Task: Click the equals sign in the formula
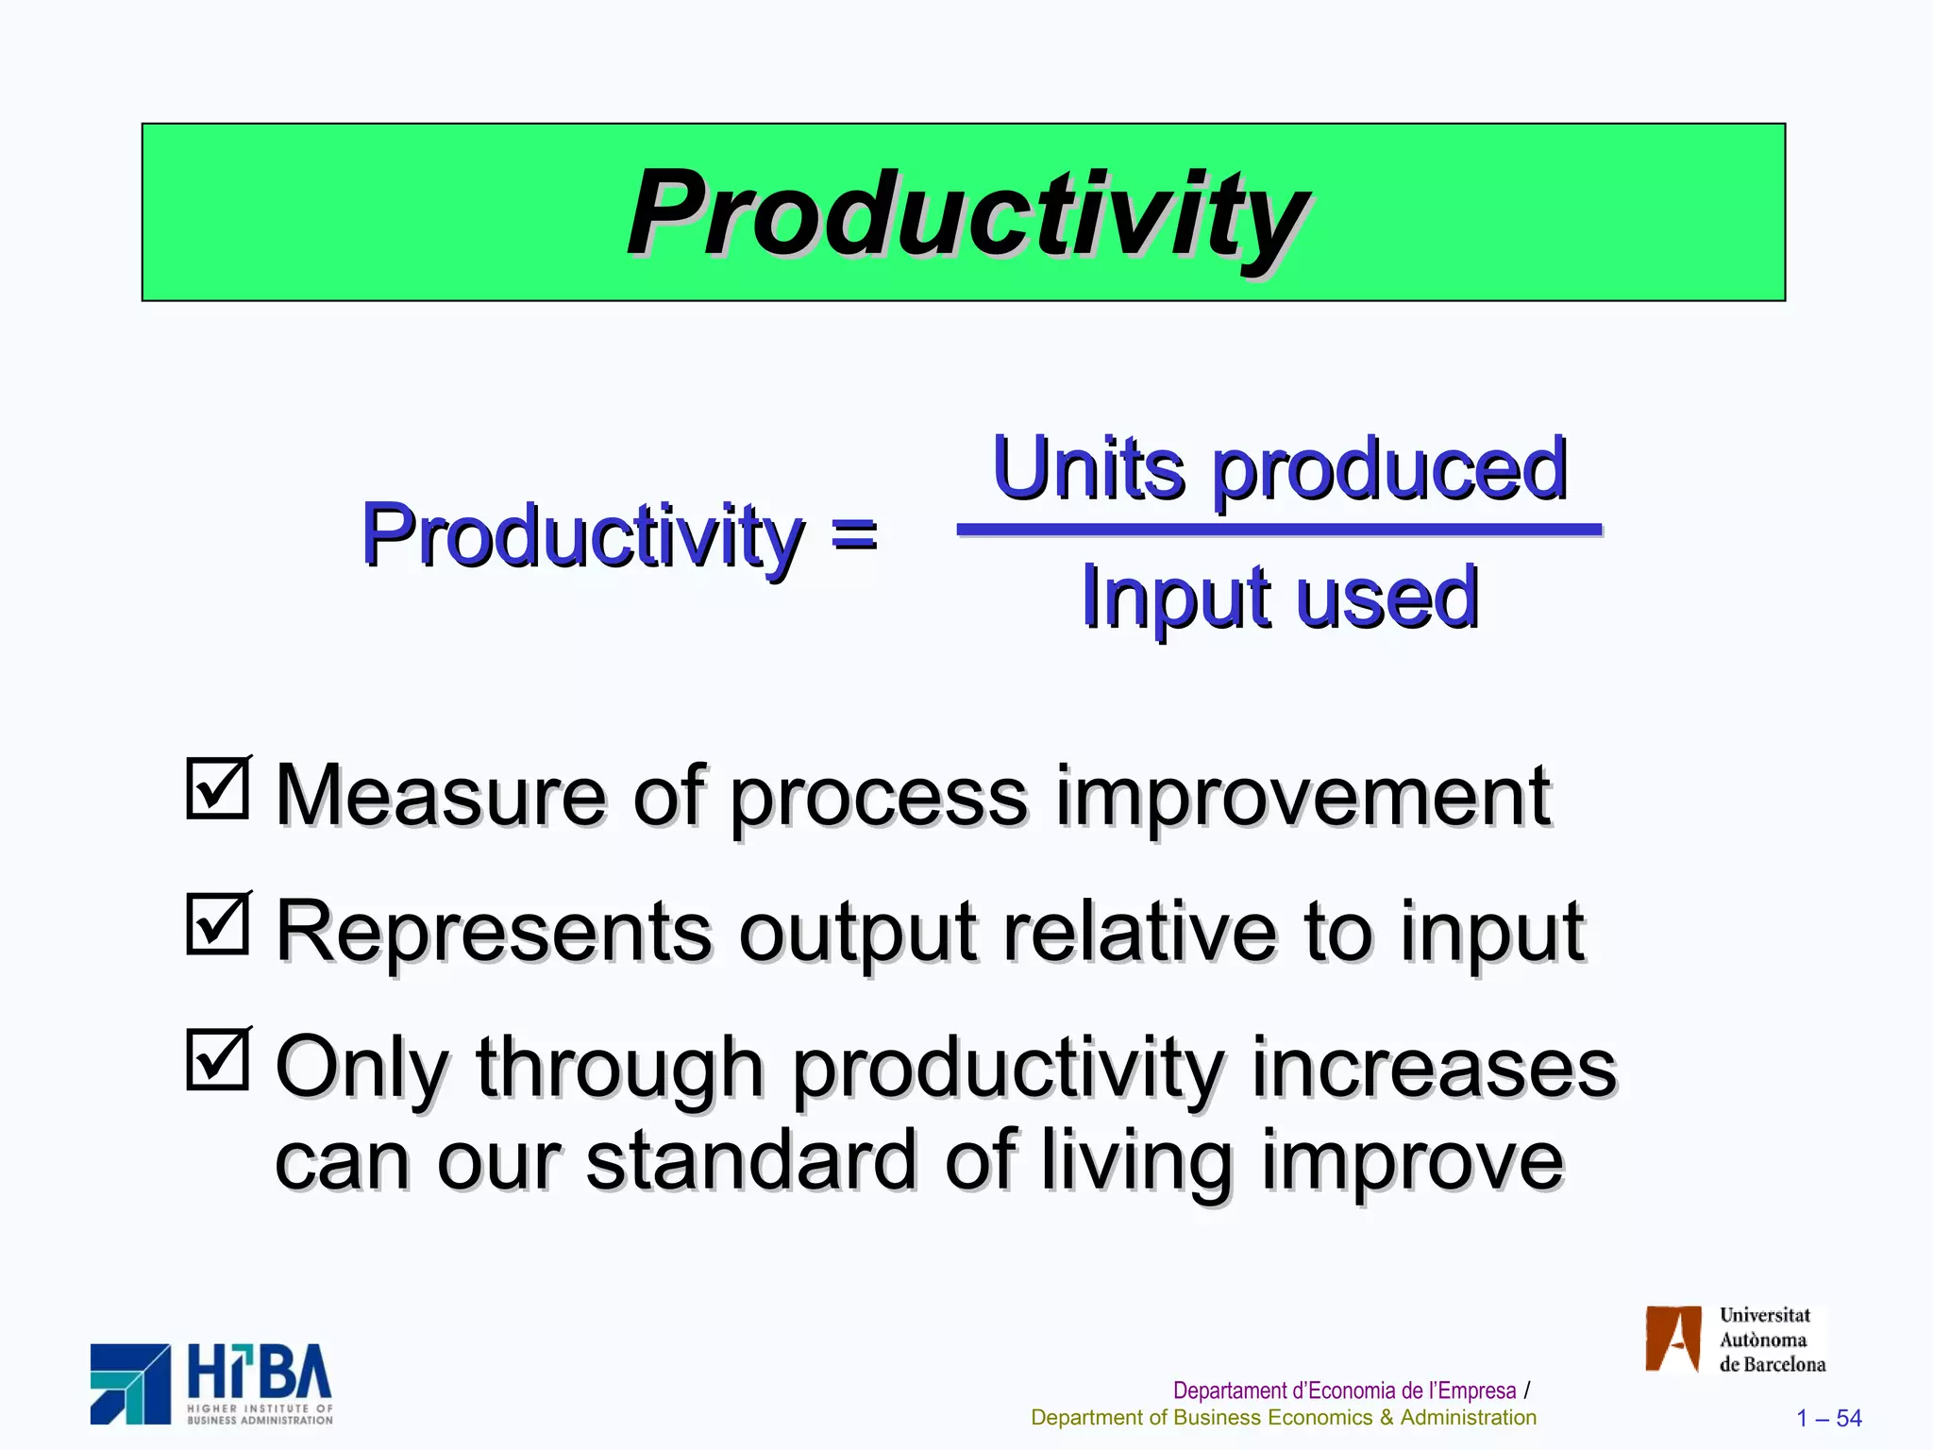pyautogui.click(x=854, y=535)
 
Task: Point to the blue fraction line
pyautogui.click(x=1279, y=531)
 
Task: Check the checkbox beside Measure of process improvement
pyautogui.click(x=218, y=788)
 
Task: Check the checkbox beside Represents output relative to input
pyautogui.click(x=218, y=923)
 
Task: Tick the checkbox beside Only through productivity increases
pyautogui.click(x=218, y=1059)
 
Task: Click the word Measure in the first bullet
pyautogui.click(x=440, y=796)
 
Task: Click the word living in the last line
pyautogui.click(x=1137, y=1161)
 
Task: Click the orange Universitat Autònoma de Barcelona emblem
pyautogui.click(x=1672, y=1339)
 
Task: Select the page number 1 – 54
pyautogui.click(x=1828, y=1418)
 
